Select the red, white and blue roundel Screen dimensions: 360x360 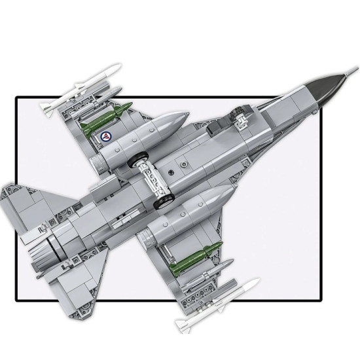click(x=105, y=137)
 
